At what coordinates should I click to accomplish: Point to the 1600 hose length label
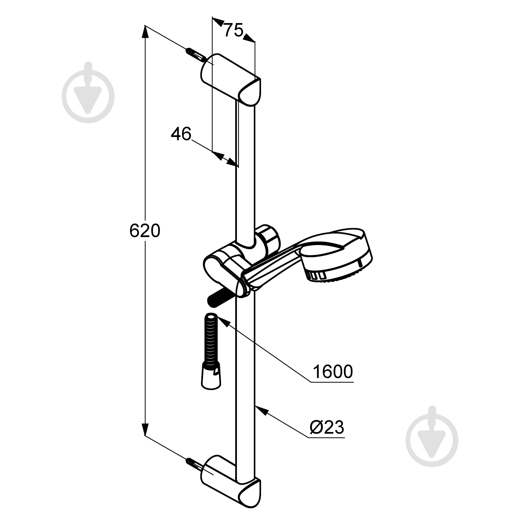coord(333,372)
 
